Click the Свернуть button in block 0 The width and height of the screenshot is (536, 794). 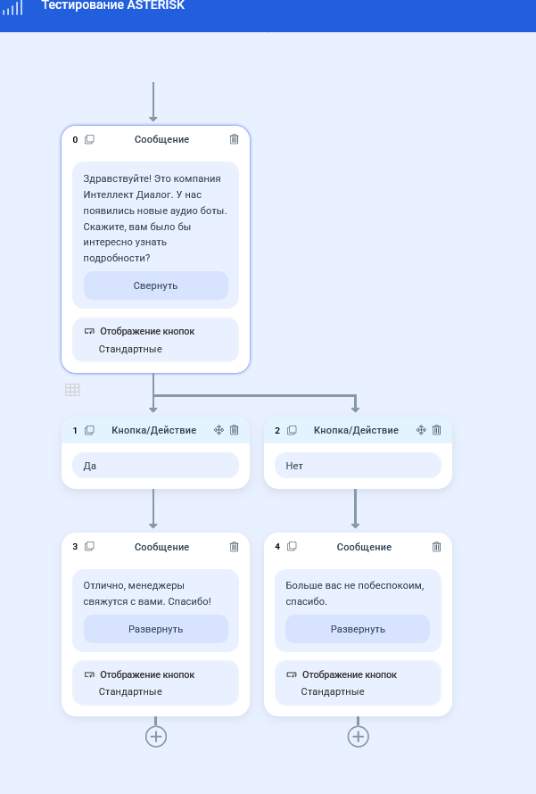[156, 285]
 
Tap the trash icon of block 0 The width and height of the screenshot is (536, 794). [234, 139]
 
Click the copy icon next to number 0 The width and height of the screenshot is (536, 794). [89, 139]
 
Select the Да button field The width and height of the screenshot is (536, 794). [155, 466]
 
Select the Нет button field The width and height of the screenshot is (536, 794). [358, 466]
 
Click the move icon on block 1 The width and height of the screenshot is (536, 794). [219, 430]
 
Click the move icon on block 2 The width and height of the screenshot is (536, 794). [421, 430]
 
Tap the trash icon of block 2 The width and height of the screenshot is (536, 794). [436, 430]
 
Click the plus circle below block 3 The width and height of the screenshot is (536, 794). [156, 736]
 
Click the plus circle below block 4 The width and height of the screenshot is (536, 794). [358, 736]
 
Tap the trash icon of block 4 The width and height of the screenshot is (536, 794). [436, 547]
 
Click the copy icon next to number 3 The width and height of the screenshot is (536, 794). [89, 546]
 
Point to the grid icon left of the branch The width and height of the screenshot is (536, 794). [72, 389]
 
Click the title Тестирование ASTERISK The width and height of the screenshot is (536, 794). [113, 5]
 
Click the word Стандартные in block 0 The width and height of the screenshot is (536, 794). [130, 349]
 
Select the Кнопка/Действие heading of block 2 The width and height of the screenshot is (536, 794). [356, 430]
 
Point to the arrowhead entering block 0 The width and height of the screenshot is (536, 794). [153, 119]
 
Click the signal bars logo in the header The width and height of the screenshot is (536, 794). [12, 8]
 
